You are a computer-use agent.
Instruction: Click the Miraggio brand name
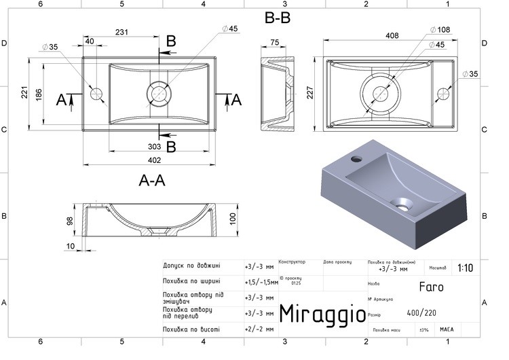coord(324,314)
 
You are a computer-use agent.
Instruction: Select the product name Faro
coord(431,287)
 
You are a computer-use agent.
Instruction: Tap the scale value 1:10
coord(466,268)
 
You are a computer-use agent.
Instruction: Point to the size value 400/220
coord(421,313)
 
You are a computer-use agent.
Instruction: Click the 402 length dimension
coord(154,160)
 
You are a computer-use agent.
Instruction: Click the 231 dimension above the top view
coord(122,32)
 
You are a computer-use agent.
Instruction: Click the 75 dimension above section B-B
coord(275,42)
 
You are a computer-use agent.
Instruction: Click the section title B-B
coord(278,18)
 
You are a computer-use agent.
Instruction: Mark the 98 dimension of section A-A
coord(69,222)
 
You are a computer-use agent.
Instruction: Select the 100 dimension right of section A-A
coord(233,219)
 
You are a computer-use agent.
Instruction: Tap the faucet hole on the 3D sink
coord(356,160)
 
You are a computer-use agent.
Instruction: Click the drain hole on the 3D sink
coord(403,202)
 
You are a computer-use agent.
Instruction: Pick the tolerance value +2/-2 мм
coord(259,329)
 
